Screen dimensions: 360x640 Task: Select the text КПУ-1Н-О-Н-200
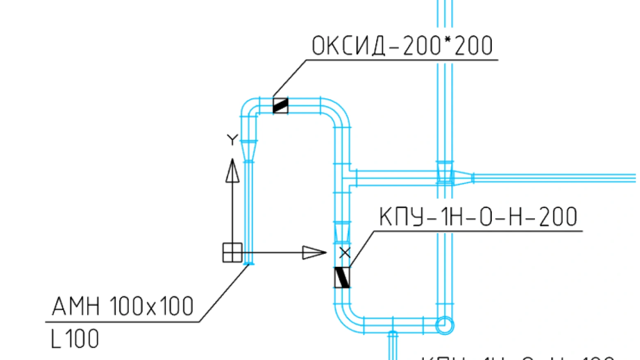coord(477,217)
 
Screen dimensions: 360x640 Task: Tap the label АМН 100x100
coord(122,306)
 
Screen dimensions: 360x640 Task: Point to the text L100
coord(74,339)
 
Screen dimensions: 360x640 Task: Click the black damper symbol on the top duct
coord(281,105)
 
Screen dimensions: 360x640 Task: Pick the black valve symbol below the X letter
coord(342,277)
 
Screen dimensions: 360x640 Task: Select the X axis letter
coord(343,252)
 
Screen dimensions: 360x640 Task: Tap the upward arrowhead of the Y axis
coord(232,170)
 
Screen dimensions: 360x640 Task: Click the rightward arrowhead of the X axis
coord(314,252)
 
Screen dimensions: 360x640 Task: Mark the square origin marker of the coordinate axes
coord(232,252)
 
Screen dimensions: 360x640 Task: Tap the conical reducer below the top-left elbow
coord(249,147)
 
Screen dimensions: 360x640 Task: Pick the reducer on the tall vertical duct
coord(444,172)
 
